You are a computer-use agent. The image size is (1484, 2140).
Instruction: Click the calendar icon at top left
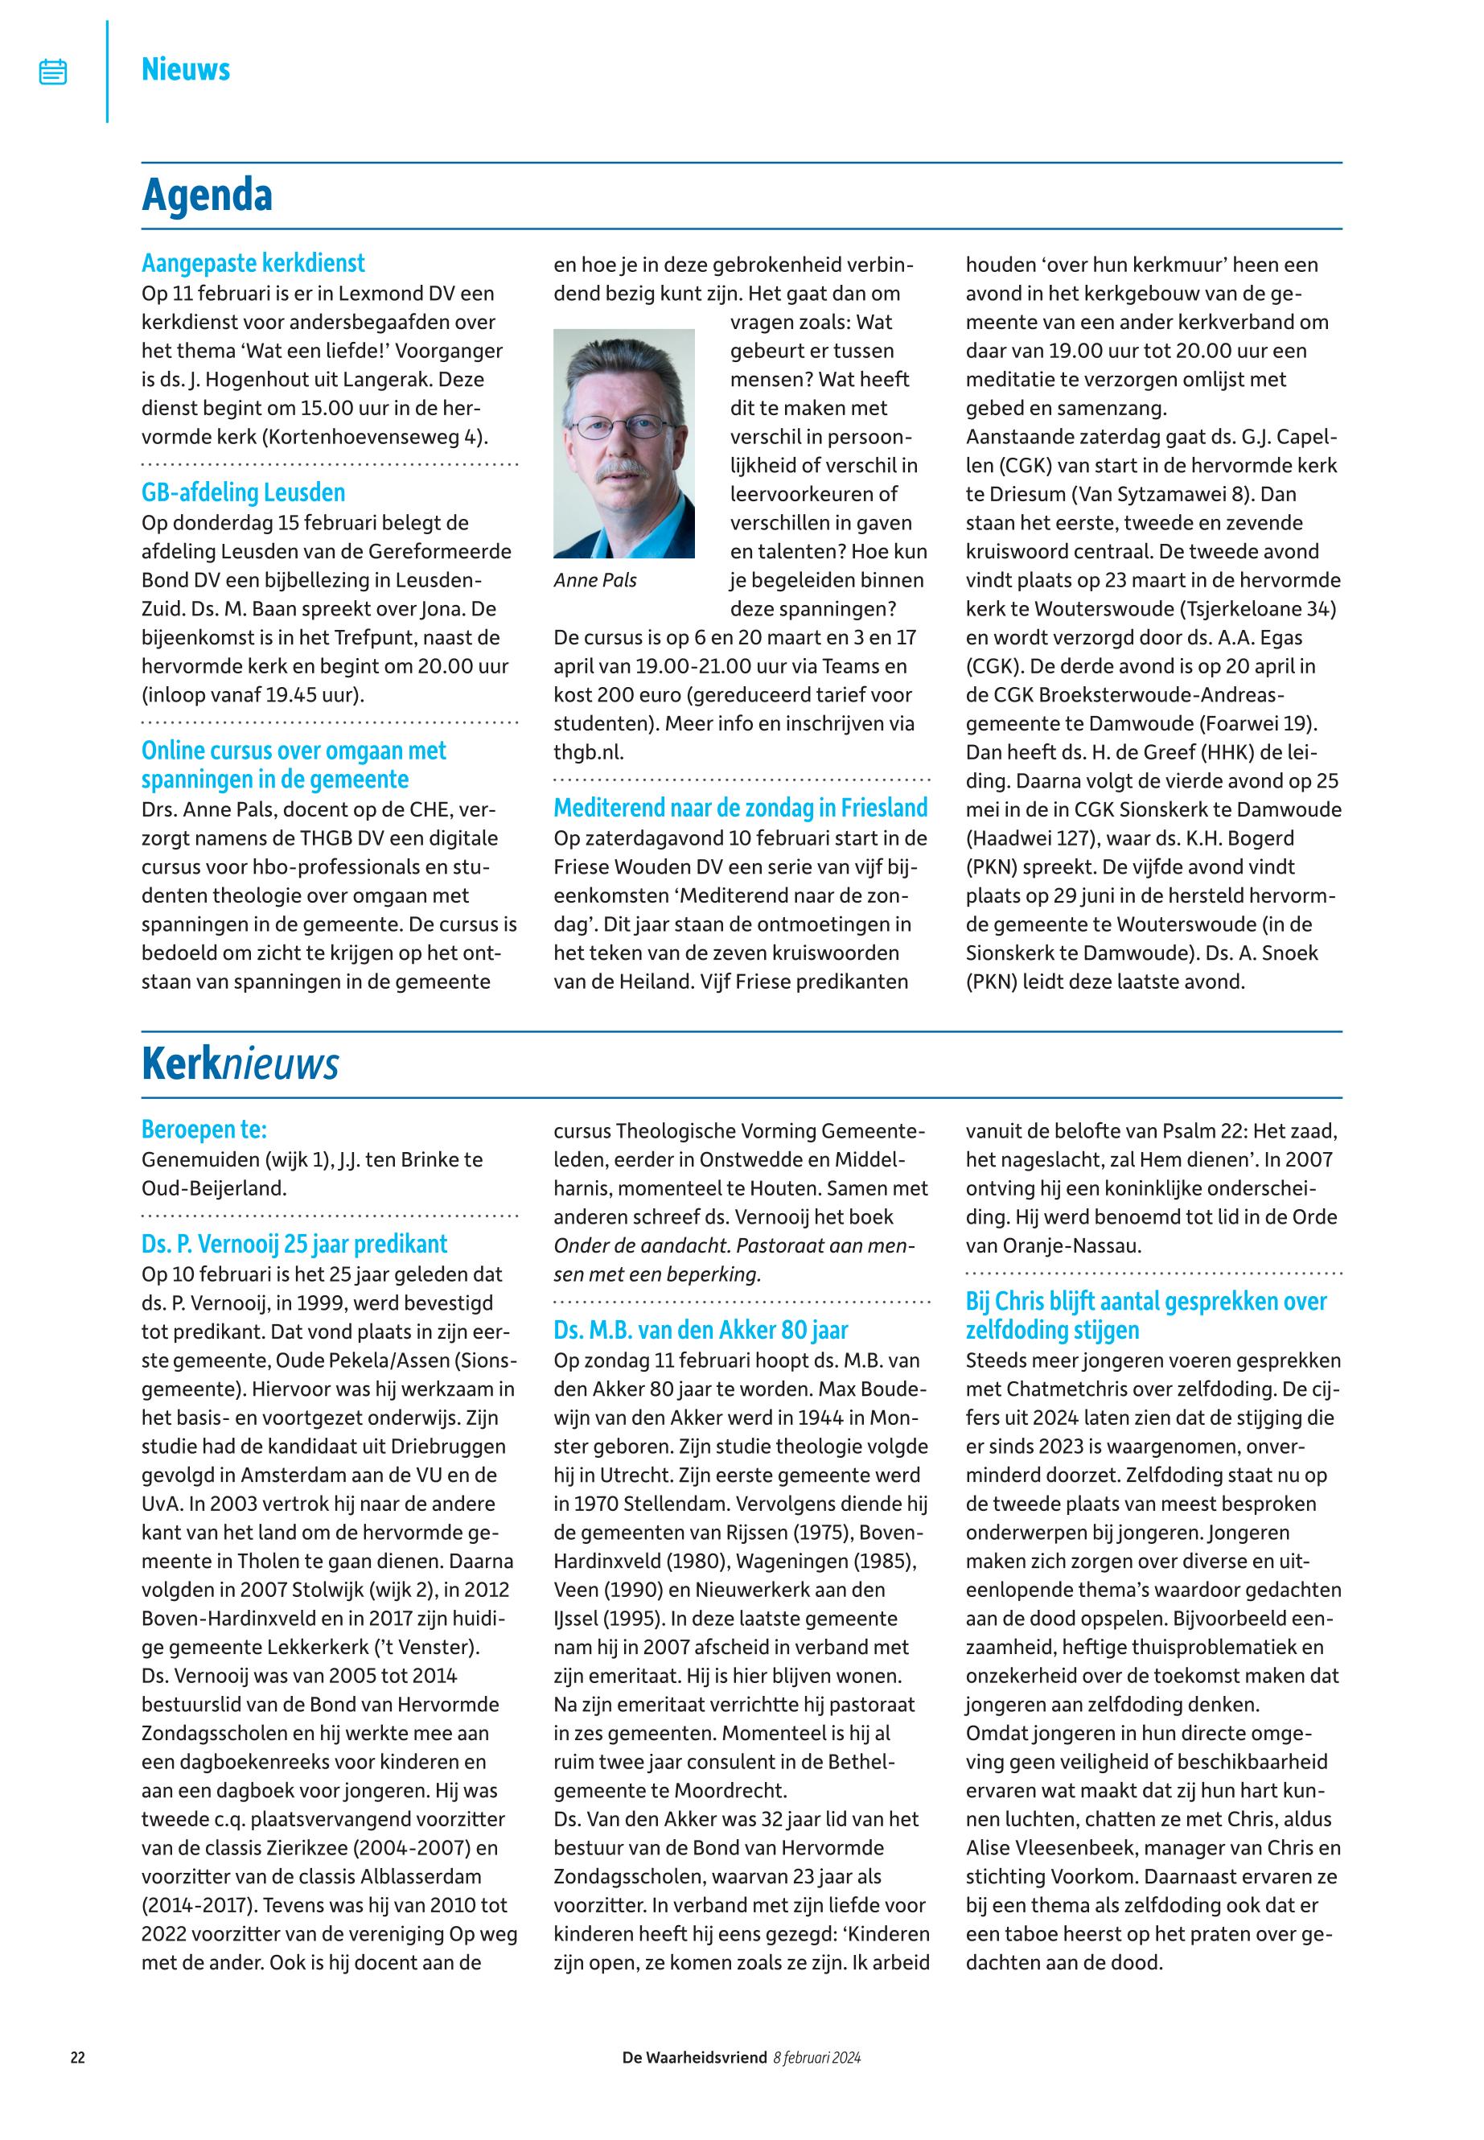tap(53, 72)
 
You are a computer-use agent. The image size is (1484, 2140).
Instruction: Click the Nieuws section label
tap(185, 70)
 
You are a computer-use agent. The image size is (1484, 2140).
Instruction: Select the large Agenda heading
tap(207, 195)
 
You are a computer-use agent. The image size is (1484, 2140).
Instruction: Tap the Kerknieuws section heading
tap(240, 1064)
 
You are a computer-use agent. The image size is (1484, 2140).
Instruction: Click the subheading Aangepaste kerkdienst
tap(253, 263)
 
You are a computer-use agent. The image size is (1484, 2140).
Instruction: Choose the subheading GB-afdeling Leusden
tap(243, 492)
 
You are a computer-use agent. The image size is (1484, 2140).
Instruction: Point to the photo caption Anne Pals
tap(595, 580)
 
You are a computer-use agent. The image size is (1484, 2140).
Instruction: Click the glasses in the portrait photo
tap(622, 428)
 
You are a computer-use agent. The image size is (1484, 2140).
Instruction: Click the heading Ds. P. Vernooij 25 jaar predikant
tap(294, 1245)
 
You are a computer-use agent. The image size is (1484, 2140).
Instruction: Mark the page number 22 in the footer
tap(78, 2057)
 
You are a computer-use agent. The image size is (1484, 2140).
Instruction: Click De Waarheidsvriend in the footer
tap(695, 2057)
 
